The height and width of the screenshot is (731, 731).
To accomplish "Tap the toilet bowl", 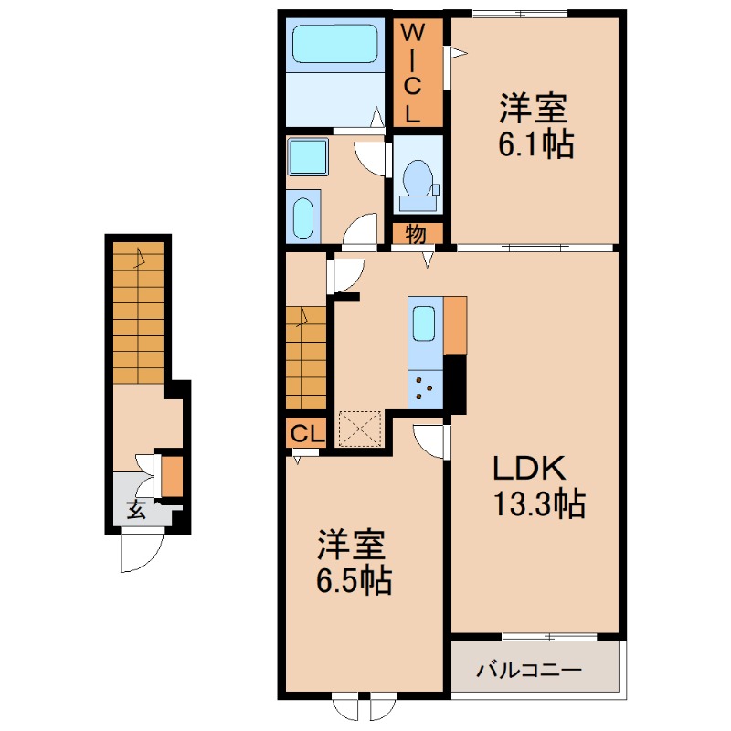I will [418, 177].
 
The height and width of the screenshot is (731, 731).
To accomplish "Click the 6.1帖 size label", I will [535, 143].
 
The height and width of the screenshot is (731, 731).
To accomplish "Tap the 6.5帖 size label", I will [355, 580].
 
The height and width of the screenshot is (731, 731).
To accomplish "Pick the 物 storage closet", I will [416, 234].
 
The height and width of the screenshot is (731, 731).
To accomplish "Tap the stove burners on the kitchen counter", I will [424, 388].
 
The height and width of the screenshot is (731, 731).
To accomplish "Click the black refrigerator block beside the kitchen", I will [455, 383].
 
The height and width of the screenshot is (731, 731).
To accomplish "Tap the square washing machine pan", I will [308, 157].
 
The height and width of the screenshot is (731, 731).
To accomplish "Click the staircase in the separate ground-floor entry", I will [138, 311].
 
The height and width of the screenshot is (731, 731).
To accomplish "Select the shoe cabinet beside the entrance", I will [172, 473].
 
